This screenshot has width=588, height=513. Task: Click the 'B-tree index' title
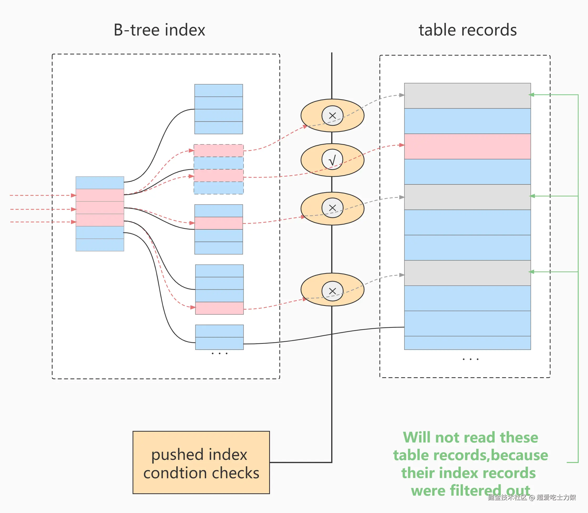point(159,30)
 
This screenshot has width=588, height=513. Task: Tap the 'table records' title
point(468,30)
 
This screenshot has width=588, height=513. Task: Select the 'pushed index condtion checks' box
point(201,462)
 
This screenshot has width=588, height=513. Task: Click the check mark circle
point(332,159)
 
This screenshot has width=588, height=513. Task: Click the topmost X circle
point(332,116)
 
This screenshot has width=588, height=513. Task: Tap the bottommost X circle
point(332,291)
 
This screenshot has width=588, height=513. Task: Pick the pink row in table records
point(467,146)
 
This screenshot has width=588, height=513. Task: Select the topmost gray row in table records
point(467,95)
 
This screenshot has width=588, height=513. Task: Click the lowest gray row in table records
point(467,273)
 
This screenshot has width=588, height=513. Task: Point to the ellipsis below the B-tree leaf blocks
point(219,354)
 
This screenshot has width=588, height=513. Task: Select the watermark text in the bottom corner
point(532,497)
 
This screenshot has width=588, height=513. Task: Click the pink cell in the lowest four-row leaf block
point(219,308)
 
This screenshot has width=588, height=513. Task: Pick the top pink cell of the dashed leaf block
point(218,150)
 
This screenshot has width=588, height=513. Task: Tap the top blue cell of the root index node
point(100,183)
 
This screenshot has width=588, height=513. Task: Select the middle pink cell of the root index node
point(100,208)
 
